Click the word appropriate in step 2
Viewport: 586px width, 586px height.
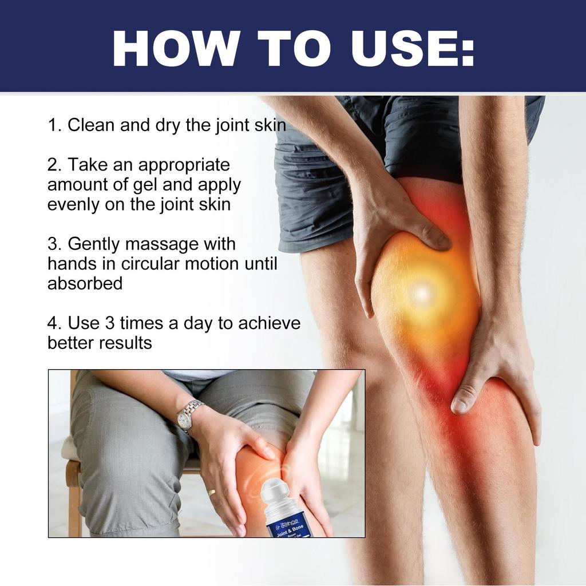click(x=184, y=165)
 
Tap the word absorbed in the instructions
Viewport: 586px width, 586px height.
click(x=85, y=283)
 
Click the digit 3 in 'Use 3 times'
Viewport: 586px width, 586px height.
click(x=110, y=323)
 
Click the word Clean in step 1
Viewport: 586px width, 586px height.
click(x=91, y=125)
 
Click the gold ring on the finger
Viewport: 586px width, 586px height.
click(x=212, y=492)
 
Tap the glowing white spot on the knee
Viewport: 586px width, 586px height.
click(x=422, y=293)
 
